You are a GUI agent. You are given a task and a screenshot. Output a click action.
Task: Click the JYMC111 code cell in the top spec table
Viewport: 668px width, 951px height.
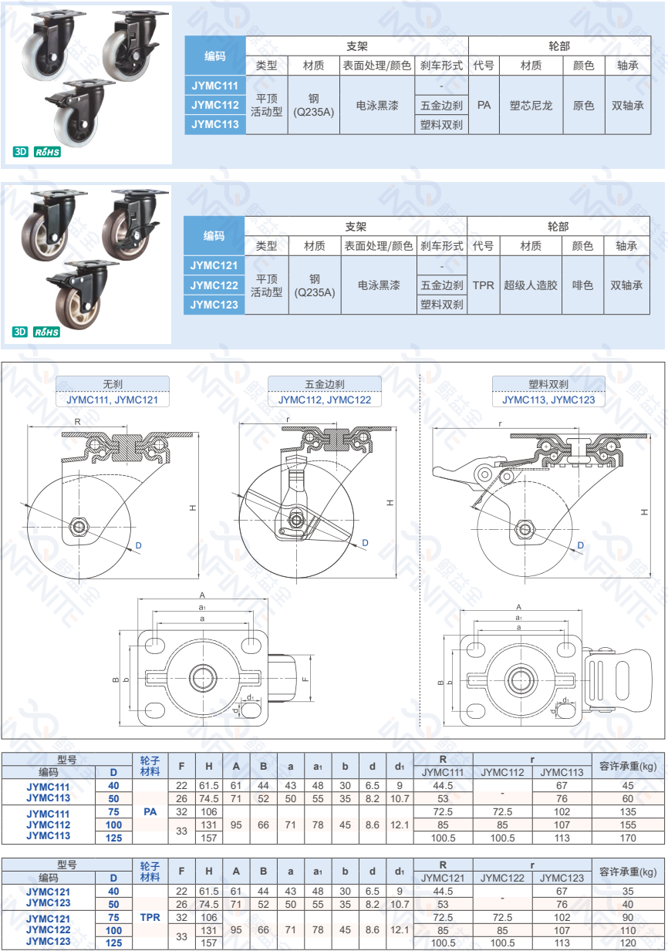(x=215, y=85)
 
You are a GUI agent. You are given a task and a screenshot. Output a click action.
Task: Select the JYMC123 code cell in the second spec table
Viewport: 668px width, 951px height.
(x=214, y=305)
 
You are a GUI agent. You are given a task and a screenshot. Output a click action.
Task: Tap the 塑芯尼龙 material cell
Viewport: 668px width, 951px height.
(x=531, y=105)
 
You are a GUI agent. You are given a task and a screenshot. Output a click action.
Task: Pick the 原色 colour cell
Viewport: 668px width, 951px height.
(x=583, y=105)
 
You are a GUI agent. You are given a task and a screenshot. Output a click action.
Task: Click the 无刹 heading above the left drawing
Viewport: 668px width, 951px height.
(x=112, y=383)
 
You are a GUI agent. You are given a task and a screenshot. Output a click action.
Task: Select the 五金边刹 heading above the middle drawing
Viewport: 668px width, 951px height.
(x=324, y=383)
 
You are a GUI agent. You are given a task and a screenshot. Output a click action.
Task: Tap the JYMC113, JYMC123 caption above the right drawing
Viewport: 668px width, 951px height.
(x=548, y=400)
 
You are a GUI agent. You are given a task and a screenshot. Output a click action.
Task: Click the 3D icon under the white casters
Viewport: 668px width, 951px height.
(x=20, y=152)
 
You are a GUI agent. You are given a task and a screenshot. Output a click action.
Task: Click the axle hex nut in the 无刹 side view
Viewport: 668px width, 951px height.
(x=78, y=528)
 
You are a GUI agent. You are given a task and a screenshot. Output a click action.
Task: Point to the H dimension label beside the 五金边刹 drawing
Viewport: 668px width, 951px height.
(x=390, y=502)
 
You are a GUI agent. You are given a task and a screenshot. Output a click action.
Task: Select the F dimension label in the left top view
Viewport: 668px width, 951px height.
(x=305, y=679)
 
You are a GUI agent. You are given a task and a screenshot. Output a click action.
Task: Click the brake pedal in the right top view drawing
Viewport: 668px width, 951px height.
(x=601, y=678)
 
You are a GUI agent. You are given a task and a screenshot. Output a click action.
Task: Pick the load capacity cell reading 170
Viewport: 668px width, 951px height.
(x=628, y=838)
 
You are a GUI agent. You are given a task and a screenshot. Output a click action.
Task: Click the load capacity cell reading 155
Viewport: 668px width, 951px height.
(x=628, y=825)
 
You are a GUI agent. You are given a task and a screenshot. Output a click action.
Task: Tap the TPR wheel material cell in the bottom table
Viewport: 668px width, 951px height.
(x=150, y=918)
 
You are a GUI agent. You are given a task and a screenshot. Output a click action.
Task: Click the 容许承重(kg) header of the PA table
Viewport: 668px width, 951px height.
(x=628, y=766)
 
